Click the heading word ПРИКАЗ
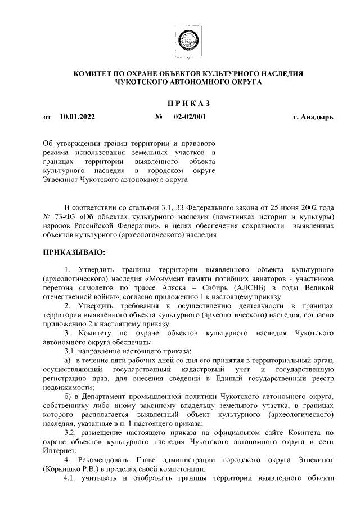188,103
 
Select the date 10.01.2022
77,118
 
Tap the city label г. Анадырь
313,118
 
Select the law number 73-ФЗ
67,216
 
